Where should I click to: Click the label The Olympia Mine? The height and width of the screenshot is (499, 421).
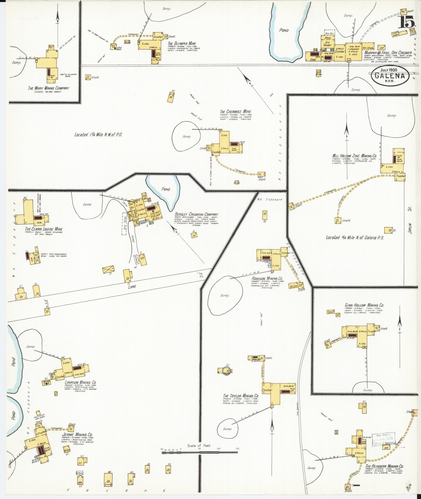point(182,44)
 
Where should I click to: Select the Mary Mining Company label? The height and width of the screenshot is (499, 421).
point(49,88)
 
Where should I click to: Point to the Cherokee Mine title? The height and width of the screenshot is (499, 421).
point(235,112)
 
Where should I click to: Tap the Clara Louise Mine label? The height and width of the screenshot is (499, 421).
point(44,229)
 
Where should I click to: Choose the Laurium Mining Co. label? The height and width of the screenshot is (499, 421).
point(80,383)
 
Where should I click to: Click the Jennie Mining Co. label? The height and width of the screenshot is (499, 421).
point(77,435)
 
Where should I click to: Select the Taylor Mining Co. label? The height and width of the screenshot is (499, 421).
point(241,396)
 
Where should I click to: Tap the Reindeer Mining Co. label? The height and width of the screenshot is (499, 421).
point(384,466)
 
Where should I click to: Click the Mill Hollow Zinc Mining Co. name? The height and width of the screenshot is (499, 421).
point(354,156)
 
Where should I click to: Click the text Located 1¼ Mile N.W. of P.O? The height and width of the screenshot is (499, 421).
point(98,135)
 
